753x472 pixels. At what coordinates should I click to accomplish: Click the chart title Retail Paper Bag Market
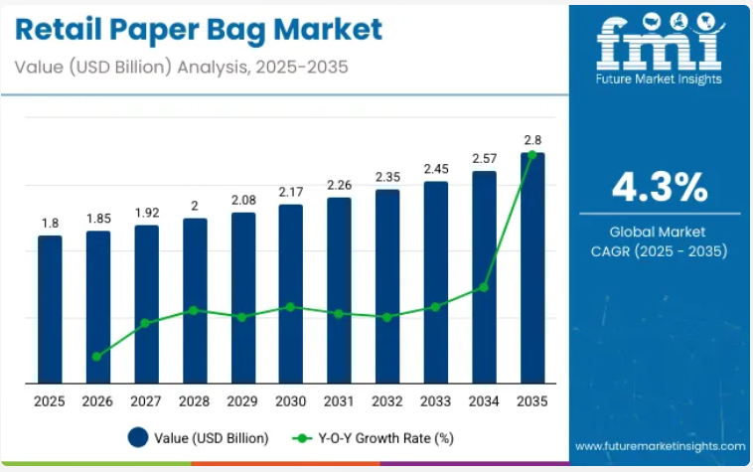point(200,29)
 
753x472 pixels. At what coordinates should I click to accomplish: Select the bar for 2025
point(50,308)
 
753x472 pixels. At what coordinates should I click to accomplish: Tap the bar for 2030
point(291,293)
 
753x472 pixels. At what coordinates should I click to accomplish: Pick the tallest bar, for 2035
point(532,268)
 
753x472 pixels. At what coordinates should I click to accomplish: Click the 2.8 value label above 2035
point(532,139)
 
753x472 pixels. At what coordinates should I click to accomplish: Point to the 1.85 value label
point(98,218)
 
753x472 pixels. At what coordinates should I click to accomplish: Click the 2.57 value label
point(484,158)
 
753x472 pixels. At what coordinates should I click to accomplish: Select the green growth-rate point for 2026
point(97,356)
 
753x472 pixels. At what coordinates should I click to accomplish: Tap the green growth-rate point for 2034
point(484,287)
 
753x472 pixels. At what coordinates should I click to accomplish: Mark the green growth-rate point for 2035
point(532,155)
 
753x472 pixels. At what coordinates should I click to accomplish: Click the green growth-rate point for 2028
point(195,310)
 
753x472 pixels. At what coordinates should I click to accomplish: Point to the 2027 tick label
point(146,400)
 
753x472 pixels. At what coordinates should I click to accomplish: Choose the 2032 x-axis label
point(387,400)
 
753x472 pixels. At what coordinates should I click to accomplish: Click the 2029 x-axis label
point(242,400)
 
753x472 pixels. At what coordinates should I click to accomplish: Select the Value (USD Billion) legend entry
point(199,437)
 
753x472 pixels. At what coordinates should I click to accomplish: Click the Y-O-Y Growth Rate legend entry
point(373,437)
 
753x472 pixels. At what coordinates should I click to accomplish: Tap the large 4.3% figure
point(660,186)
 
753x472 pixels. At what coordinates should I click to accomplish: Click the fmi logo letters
point(660,44)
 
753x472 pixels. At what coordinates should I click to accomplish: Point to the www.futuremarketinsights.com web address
point(660,447)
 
